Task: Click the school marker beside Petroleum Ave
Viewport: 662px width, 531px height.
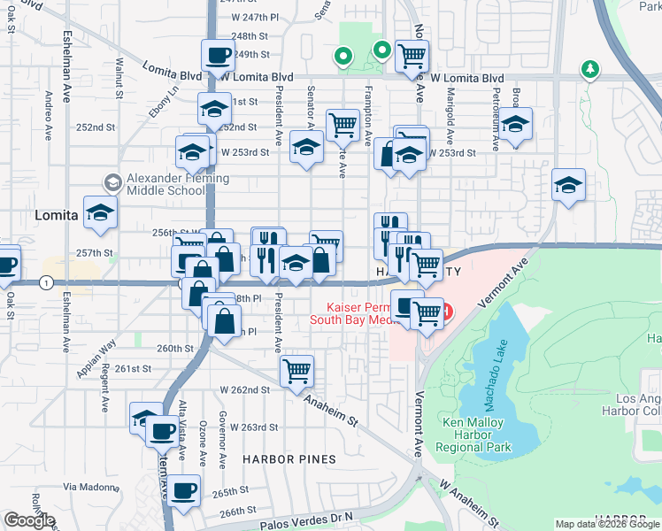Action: click(x=514, y=125)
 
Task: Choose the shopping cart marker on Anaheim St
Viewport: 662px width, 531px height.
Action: click(x=296, y=370)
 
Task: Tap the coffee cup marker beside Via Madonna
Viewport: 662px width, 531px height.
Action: click(x=184, y=490)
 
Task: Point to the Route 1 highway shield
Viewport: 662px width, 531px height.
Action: click(x=44, y=282)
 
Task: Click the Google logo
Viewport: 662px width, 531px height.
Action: click(x=29, y=520)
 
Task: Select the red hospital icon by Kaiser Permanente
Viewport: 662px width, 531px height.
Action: click(x=446, y=312)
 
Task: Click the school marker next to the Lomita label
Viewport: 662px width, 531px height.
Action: click(x=101, y=212)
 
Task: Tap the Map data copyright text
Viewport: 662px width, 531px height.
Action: click(x=605, y=524)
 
